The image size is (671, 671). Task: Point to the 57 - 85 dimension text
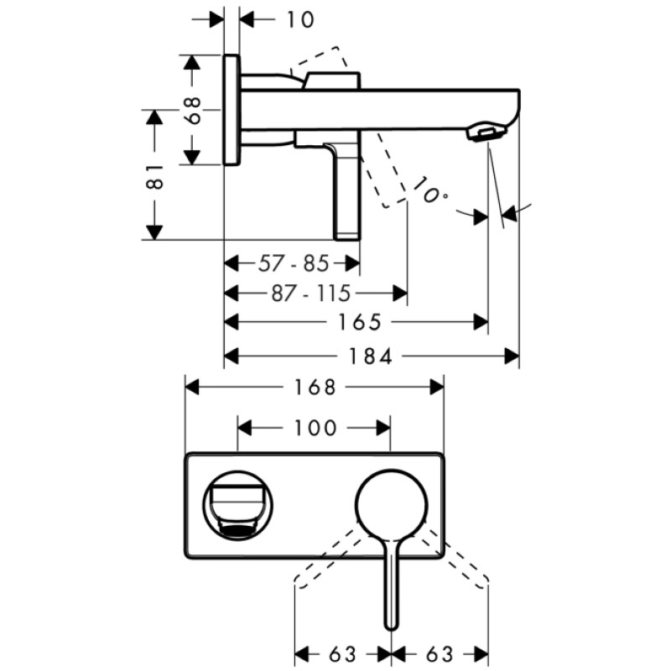click(x=292, y=263)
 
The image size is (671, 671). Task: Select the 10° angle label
click(x=431, y=195)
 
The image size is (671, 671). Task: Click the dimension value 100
click(x=314, y=428)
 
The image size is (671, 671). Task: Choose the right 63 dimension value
click(x=440, y=653)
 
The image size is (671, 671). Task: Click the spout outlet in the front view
click(x=238, y=507)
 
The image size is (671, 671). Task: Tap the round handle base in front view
click(x=391, y=506)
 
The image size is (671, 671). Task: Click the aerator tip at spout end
click(x=490, y=133)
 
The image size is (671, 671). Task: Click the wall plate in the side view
click(x=232, y=110)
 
